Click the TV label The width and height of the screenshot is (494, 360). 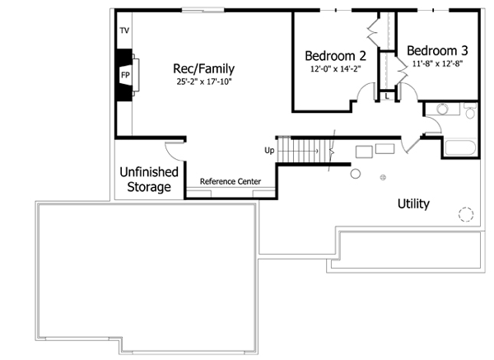124,30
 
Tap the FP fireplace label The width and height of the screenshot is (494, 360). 125,75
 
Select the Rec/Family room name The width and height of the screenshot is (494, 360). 203,68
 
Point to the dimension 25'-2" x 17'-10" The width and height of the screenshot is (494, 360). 203,82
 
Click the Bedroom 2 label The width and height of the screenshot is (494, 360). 335,56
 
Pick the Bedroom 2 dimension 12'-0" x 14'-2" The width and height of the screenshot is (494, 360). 335,70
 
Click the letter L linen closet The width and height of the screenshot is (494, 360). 387,96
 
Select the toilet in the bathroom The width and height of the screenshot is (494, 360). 469,110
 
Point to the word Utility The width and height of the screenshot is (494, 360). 412,203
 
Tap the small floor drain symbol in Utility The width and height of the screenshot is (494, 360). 382,178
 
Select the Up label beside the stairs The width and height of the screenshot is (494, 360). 268,151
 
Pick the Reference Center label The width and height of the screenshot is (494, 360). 231,181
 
